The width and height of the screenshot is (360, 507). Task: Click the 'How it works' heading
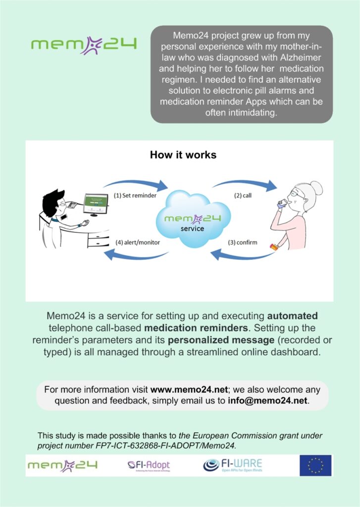coord(183,155)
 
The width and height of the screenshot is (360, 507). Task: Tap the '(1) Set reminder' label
coord(135,195)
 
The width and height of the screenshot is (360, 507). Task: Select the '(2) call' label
coord(243,195)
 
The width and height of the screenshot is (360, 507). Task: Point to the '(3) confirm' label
coord(243,242)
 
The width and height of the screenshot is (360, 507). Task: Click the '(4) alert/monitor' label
coord(138,242)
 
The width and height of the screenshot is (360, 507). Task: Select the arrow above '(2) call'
coord(245,184)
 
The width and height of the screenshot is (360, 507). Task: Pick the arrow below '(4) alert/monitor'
coord(136,255)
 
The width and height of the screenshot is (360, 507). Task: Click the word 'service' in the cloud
coord(192,229)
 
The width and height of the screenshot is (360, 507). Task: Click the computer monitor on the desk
coord(96,204)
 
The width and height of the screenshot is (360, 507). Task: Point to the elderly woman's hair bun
coord(316,188)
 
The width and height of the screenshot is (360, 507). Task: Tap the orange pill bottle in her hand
coord(274,248)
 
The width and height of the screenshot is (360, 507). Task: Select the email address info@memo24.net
coord(267,401)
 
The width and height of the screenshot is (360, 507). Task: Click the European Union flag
coord(315,465)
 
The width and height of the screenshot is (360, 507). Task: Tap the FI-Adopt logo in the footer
coord(149,465)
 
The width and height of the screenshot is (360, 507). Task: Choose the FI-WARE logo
coord(233,465)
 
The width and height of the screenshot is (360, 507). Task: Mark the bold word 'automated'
coord(292,316)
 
